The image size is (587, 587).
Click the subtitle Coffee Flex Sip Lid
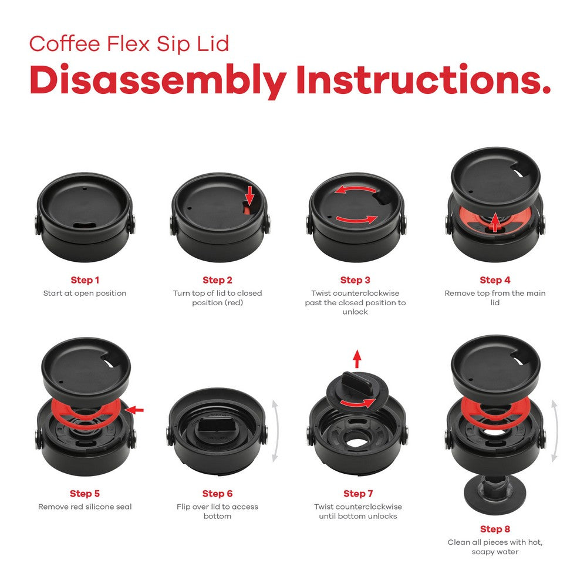[129, 43]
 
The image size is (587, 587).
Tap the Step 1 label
[85, 280]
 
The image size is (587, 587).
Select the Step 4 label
[495, 280]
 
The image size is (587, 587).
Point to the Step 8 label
[495, 529]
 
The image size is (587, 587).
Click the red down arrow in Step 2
[249, 194]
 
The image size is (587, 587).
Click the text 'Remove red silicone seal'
[85, 507]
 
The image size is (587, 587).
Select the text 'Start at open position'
[85, 293]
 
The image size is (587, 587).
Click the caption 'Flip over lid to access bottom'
[217, 511]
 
